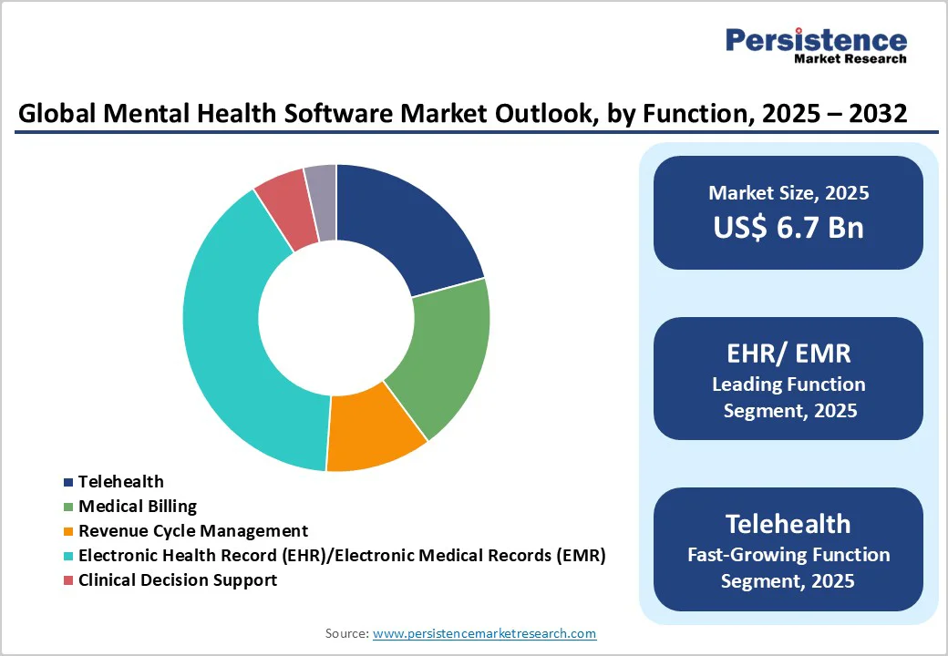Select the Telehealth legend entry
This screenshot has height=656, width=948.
point(120,481)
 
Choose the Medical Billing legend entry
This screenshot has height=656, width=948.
point(137,506)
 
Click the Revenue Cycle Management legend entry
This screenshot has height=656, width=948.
point(192,530)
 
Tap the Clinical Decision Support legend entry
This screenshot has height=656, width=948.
point(177,579)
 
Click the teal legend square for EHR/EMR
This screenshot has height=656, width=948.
point(68,556)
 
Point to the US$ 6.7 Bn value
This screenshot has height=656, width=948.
point(788,227)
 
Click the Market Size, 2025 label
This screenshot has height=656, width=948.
point(788,192)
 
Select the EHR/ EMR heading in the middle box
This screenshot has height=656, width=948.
point(788,353)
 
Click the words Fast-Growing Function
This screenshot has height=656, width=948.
point(788,554)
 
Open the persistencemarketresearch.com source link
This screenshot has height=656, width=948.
point(484,633)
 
